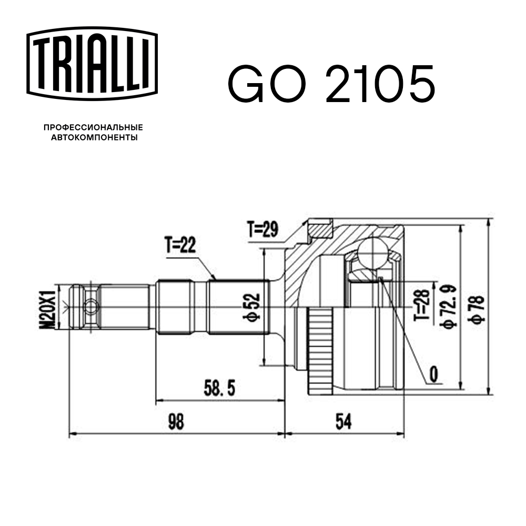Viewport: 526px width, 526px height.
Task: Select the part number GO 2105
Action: [331, 84]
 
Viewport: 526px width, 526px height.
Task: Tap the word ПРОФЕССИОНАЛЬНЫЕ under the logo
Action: [93, 127]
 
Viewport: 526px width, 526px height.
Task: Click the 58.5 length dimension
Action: [219, 390]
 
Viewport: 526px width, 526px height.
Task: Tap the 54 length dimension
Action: [343, 421]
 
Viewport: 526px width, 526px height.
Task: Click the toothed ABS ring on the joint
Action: [319, 352]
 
